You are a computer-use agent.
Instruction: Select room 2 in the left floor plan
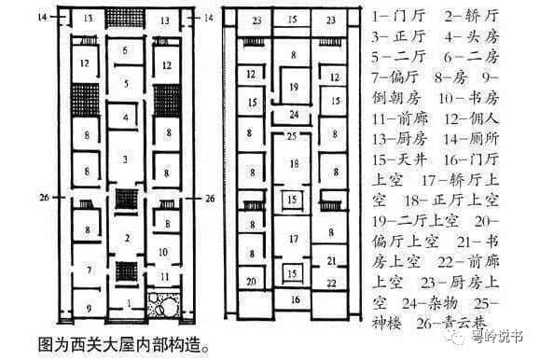125,239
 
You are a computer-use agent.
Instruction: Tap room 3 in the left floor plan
125,160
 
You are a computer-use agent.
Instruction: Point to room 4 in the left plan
125,118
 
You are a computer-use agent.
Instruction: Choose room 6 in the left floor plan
125,49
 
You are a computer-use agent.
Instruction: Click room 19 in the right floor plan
293,88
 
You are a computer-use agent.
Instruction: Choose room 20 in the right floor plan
251,281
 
